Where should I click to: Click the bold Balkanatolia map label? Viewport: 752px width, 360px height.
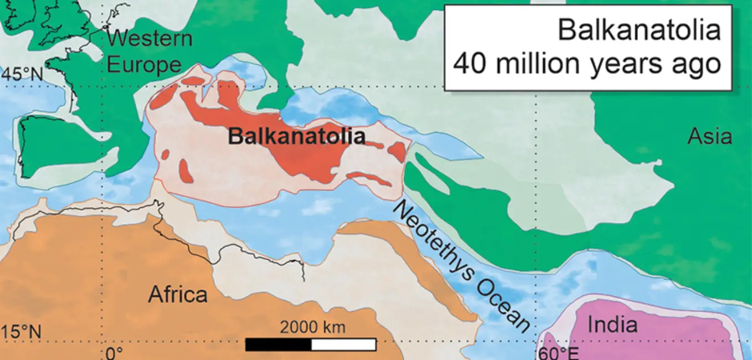coord(297,136)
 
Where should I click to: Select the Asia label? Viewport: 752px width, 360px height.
coord(709,136)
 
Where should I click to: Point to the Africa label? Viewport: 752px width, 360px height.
coord(177,295)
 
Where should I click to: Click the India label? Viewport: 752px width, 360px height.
coord(612,325)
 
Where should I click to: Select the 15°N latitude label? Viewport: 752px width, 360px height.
coord(21,332)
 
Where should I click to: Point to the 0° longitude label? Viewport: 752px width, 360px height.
coord(114,353)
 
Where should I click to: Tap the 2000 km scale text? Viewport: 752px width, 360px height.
coord(312,327)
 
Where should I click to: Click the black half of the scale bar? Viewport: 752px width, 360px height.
coord(278,344)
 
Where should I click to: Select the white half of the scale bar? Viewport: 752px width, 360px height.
coord(343,344)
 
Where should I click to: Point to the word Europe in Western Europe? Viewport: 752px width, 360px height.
coord(144,65)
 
